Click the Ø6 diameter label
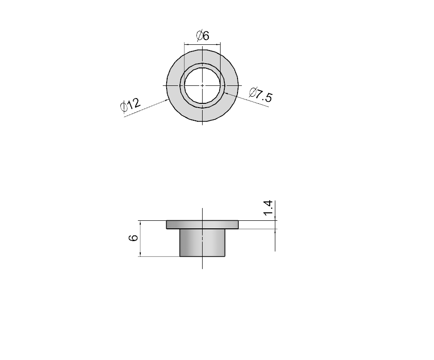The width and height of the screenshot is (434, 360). (x=203, y=36)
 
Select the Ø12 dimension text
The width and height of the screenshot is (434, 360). (x=131, y=105)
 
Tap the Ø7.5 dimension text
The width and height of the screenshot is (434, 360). (x=261, y=95)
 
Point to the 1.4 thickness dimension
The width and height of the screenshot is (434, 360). (x=268, y=208)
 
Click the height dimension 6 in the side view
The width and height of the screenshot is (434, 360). (x=134, y=238)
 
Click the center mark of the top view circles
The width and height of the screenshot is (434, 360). (x=202, y=85)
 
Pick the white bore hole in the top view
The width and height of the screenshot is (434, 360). (x=202, y=85)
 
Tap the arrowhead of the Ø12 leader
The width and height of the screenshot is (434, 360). (x=167, y=100)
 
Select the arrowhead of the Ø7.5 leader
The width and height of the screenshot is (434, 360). (x=227, y=93)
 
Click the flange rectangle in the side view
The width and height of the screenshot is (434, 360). (x=202, y=225)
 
